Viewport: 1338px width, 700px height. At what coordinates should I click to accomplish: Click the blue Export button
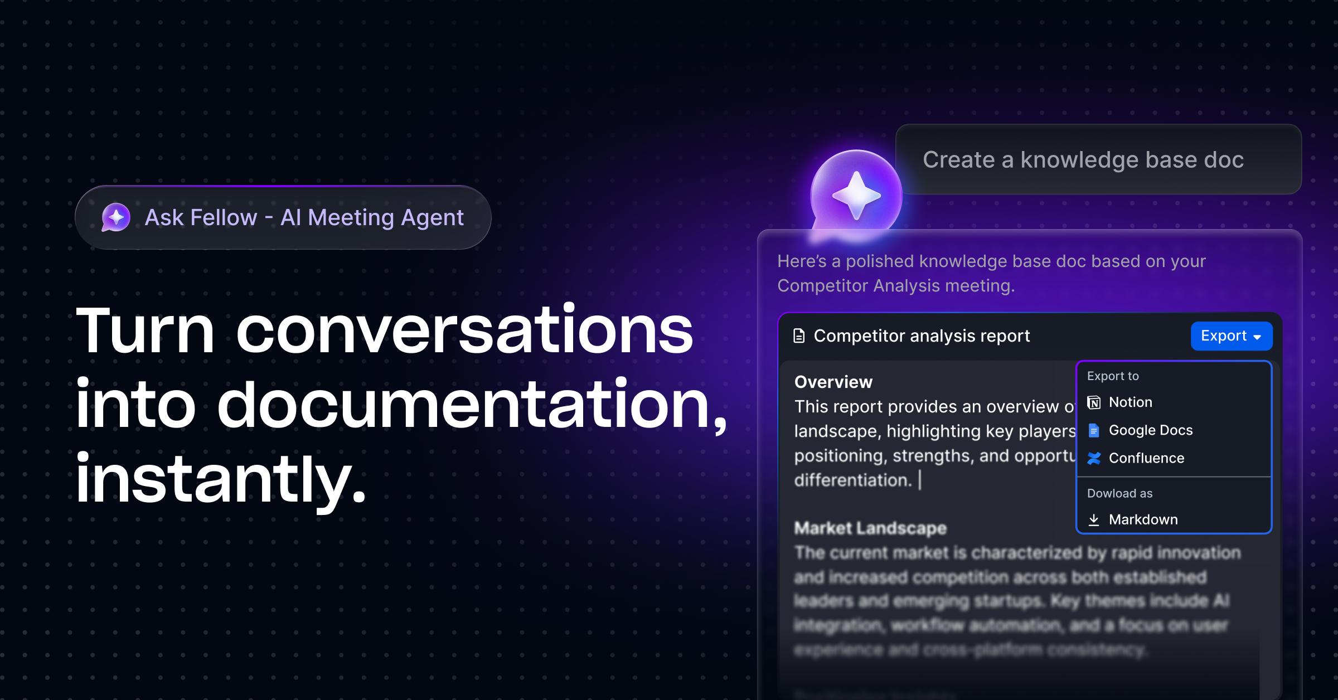pyautogui.click(x=1230, y=336)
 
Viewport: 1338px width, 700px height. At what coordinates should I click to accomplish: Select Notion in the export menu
pyautogui.click(x=1130, y=402)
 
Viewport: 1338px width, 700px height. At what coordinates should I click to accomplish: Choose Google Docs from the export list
pyautogui.click(x=1150, y=430)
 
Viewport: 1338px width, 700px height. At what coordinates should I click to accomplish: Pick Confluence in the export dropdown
pyautogui.click(x=1146, y=458)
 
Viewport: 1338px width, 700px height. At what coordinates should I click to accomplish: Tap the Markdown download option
pyautogui.click(x=1143, y=519)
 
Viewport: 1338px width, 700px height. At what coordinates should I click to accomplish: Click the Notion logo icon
pyautogui.click(x=1094, y=402)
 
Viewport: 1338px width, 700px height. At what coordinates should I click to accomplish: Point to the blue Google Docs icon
pyautogui.click(x=1094, y=430)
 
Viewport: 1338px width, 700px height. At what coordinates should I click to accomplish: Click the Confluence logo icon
pyautogui.click(x=1094, y=458)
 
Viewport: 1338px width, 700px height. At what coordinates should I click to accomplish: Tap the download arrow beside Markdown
pyautogui.click(x=1094, y=519)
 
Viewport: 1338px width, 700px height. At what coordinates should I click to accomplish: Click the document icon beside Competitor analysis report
pyautogui.click(x=799, y=336)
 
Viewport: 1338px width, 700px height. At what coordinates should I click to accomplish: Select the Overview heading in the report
pyautogui.click(x=833, y=382)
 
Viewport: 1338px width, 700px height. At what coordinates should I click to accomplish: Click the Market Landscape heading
pyautogui.click(x=870, y=528)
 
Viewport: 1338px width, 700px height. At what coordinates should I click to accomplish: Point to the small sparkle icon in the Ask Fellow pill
pyautogui.click(x=116, y=217)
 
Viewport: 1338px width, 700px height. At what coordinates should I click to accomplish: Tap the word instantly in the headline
pyautogui.click(x=220, y=479)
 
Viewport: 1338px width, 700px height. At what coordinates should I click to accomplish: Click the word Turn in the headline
pyautogui.click(x=145, y=332)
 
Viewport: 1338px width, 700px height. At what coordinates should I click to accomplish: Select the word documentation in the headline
pyautogui.click(x=463, y=405)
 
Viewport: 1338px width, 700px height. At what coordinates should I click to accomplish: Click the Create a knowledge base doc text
pyautogui.click(x=1083, y=160)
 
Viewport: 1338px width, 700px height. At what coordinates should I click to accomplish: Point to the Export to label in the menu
pyautogui.click(x=1113, y=376)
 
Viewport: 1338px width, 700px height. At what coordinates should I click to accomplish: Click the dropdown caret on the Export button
pyautogui.click(x=1257, y=337)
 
